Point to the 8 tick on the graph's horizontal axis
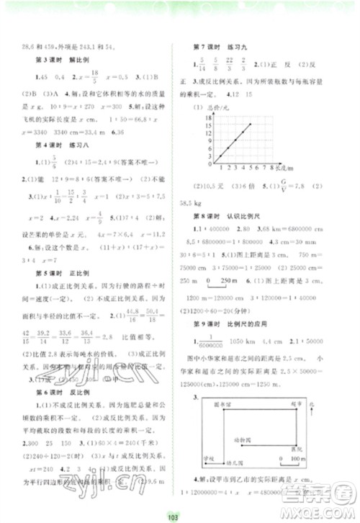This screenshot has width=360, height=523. [x=274, y=167]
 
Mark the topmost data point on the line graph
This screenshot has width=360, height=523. [x=251, y=124]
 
